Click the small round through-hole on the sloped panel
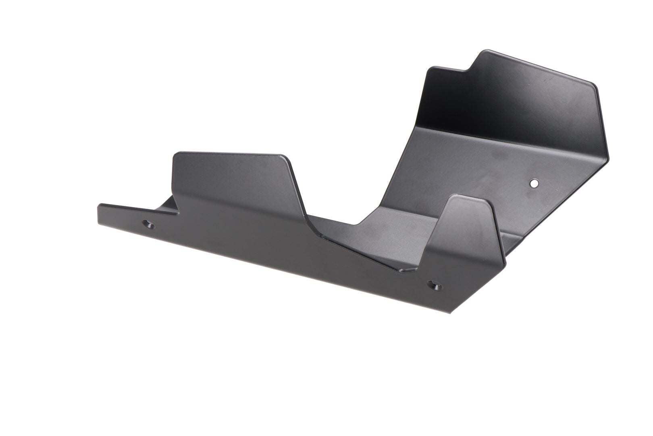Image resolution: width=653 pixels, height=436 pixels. tap(534, 183)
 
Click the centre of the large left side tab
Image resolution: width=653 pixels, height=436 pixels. tap(238, 182)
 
